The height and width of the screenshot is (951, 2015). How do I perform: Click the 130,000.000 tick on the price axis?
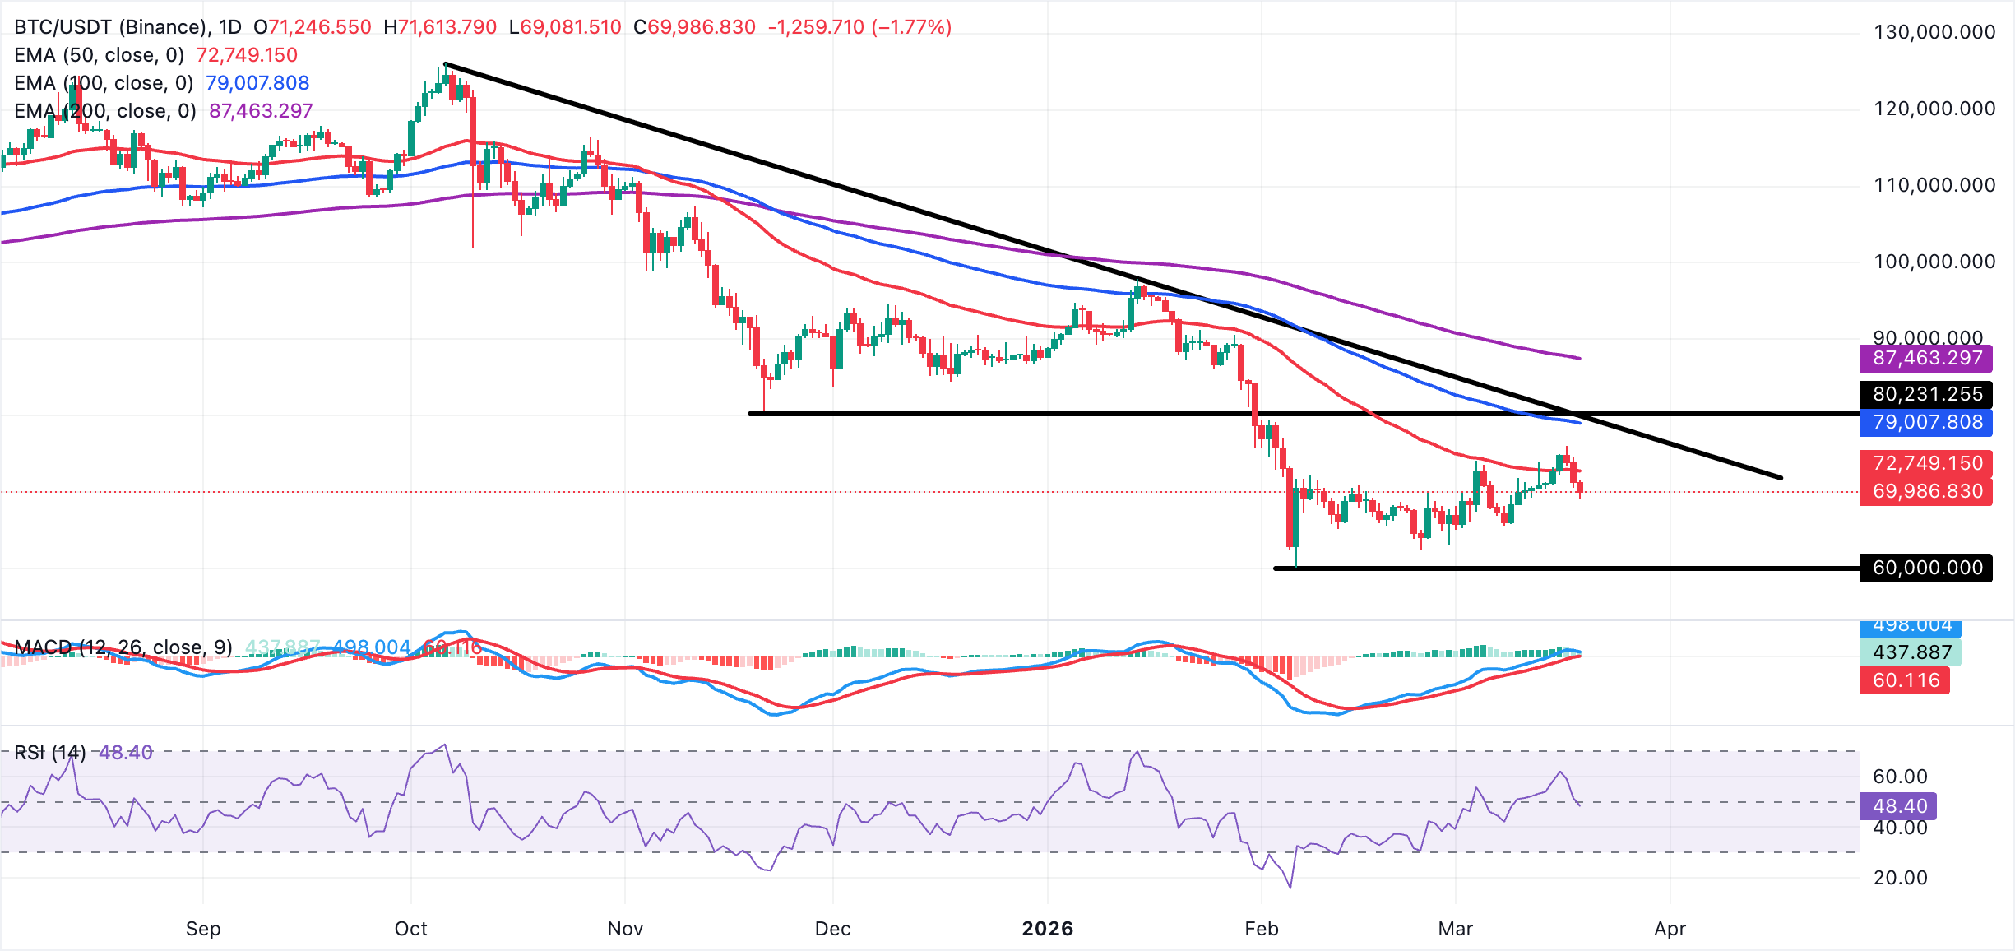click(x=1934, y=32)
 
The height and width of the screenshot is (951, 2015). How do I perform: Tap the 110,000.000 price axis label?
click(x=1934, y=185)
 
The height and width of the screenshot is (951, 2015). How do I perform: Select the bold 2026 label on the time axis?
click(x=1047, y=929)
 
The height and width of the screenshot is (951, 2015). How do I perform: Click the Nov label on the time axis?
click(x=625, y=929)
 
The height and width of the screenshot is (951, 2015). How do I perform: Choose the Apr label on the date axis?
click(x=1670, y=929)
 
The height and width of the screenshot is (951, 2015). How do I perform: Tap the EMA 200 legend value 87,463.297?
click(x=261, y=111)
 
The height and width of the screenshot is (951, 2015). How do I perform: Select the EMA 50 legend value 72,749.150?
click(x=247, y=55)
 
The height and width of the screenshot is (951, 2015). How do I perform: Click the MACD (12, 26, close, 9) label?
click(x=123, y=647)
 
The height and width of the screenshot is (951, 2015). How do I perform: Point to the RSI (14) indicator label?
click(x=50, y=753)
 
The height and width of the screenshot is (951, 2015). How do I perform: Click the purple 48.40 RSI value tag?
click(x=1899, y=806)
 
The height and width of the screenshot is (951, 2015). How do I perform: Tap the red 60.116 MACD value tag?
click(x=1905, y=680)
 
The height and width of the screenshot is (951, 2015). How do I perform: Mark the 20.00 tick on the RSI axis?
click(x=1900, y=878)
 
